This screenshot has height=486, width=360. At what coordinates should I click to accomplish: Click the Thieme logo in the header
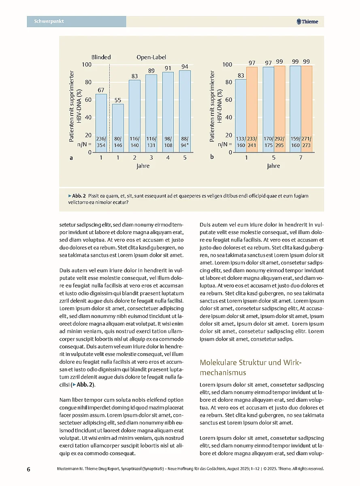(307, 22)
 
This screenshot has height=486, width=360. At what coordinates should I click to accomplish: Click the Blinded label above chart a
(101, 58)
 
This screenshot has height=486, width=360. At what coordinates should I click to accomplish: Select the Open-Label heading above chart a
(151, 58)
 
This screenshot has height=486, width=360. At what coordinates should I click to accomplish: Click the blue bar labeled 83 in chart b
(241, 109)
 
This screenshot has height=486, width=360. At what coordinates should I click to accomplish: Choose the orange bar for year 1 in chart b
(252, 105)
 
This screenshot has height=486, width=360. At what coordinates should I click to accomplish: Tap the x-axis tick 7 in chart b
(301, 158)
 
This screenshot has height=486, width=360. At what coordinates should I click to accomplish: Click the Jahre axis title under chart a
(143, 166)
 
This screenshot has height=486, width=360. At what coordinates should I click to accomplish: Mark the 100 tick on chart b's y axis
(227, 65)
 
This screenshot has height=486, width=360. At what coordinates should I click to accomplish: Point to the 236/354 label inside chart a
(101, 142)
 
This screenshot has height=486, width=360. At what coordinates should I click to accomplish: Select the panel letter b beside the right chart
(212, 158)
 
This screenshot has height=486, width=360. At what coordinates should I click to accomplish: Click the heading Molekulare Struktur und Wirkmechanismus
(251, 367)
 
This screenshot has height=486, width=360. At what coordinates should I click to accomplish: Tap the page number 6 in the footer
(29, 469)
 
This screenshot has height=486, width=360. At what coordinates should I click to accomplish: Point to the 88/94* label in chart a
(185, 142)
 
